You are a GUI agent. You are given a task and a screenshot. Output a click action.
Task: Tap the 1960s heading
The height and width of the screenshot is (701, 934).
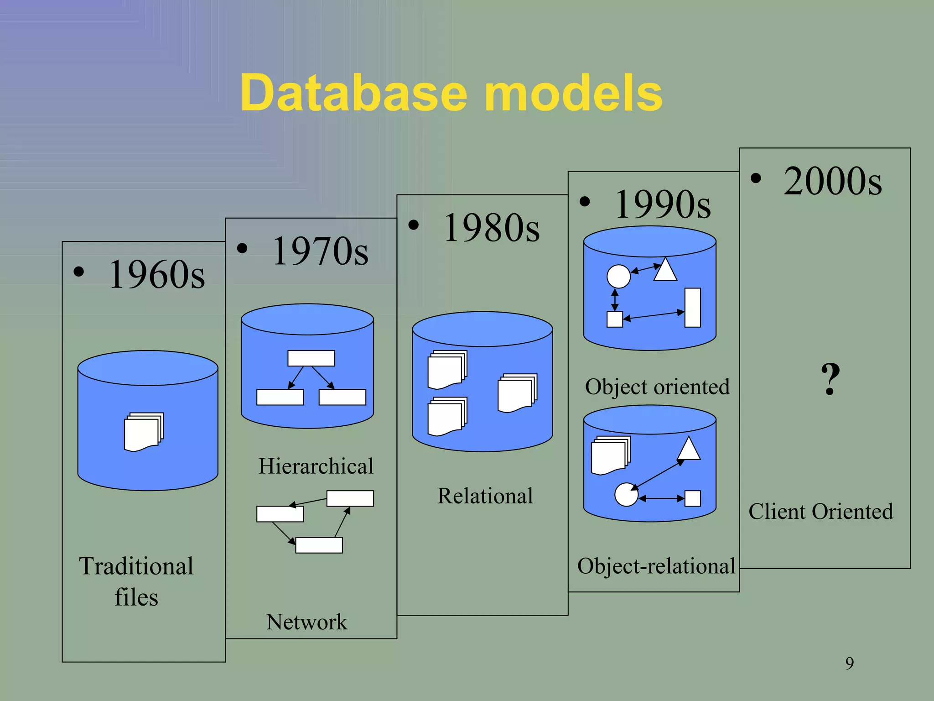156,274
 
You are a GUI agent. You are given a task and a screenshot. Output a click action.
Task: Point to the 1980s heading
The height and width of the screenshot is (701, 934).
491,228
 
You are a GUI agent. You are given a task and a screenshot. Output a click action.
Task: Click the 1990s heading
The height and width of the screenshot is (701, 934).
662,204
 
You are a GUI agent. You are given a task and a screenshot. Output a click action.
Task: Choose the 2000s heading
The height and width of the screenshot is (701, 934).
832,181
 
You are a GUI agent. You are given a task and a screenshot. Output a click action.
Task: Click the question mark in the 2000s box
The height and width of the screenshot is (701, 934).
830,379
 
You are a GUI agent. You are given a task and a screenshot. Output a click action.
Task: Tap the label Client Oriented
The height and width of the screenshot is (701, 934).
820,511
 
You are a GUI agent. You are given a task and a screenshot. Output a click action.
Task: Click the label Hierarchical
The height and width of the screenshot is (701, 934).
316,466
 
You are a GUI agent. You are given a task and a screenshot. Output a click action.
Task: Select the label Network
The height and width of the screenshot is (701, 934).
306,622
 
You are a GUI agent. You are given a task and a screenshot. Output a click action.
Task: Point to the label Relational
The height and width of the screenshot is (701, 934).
485,496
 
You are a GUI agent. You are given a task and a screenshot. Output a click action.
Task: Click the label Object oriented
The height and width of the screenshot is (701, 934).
657,387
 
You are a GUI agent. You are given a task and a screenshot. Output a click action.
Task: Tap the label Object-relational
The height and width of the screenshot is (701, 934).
656,566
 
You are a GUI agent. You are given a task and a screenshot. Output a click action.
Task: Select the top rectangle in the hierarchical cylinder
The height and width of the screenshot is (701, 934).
311,358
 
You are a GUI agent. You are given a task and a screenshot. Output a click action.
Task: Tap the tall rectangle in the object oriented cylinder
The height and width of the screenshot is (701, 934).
692,308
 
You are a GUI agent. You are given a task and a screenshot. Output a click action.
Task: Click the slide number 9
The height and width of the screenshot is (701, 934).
849,663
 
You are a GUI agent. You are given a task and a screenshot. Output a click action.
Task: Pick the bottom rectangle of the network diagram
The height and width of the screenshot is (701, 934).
319,545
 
